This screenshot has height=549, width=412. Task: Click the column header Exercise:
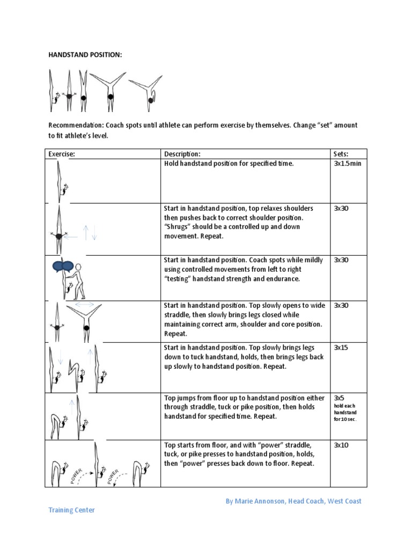pos(62,154)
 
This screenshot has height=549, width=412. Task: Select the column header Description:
pos(182,154)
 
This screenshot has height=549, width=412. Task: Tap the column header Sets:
pos(341,154)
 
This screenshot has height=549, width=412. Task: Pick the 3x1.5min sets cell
pos(347,164)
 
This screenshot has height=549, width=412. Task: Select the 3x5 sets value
pos(339,398)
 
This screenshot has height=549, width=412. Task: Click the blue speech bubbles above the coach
pos(63,266)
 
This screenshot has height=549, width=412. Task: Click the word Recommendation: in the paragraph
pos(76,125)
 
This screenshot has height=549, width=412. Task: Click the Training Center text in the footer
pos(71,510)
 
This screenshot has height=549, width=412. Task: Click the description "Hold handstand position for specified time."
pos(229,164)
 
